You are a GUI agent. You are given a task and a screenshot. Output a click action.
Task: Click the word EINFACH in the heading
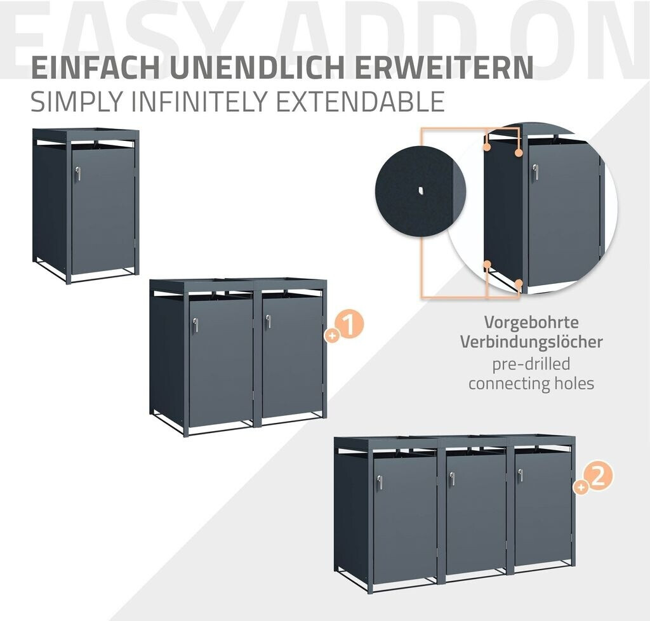pos(96,67)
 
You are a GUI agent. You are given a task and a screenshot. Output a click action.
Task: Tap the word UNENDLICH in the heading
pos(256,67)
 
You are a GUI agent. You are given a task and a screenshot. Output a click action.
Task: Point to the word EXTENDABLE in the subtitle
pos(361,101)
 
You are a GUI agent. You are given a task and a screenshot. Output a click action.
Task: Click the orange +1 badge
pos(345,326)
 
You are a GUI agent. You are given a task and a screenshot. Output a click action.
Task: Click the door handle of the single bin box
pos(77,173)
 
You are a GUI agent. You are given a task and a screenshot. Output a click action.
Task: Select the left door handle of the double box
pos(195,324)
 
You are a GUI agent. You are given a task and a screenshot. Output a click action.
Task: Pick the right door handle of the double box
pos(269,322)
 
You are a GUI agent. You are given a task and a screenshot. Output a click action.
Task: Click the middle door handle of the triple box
pos(452,479)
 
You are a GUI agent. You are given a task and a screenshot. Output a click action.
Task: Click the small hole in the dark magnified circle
pos(421,190)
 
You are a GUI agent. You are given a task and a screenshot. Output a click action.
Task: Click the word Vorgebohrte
pos(531,323)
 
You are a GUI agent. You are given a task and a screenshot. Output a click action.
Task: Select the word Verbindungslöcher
pos(531,342)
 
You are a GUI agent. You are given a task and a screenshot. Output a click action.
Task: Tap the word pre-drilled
pos(531,364)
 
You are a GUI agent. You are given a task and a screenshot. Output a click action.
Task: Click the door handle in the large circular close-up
pos(536,172)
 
